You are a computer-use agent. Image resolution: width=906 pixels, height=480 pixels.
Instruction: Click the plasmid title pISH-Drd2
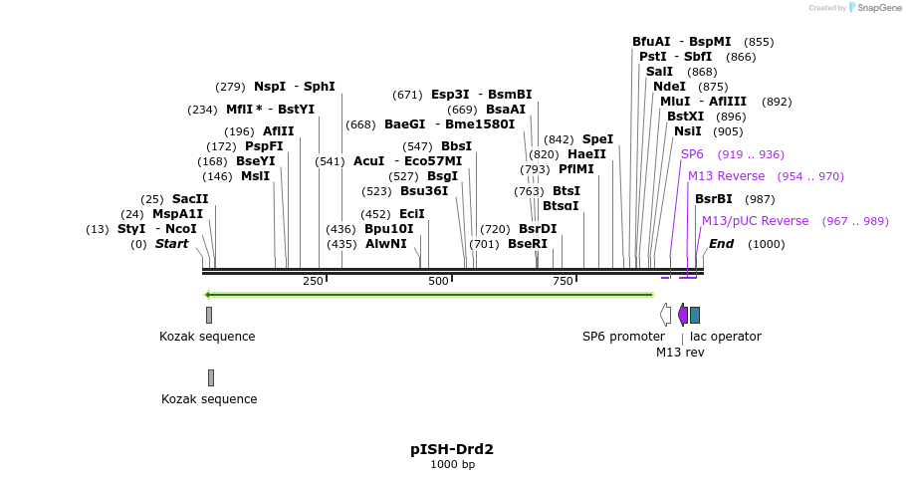[x=452, y=449]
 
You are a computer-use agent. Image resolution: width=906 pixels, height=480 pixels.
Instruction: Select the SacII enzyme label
[x=190, y=198]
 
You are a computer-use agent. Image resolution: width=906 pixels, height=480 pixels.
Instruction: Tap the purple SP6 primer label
[x=692, y=154]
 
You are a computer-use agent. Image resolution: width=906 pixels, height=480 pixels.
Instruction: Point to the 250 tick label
[x=313, y=281]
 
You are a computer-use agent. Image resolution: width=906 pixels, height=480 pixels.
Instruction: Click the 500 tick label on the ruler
[x=438, y=281]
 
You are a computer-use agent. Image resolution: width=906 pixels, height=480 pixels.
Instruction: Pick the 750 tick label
[x=564, y=281]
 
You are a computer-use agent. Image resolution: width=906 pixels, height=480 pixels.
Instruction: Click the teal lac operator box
[x=695, y=315]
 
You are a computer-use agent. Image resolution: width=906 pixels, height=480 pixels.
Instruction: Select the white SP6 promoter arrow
[x=665, y=315]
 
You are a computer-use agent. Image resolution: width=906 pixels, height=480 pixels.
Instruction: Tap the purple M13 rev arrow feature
[x=682, y=315]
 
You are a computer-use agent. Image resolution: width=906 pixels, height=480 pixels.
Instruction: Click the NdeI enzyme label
[x=669, y=87]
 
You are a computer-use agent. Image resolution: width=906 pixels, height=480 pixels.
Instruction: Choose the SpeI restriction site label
[x=597, y=139]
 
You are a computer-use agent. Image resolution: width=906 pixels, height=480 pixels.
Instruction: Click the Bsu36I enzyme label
[x=424, y=191]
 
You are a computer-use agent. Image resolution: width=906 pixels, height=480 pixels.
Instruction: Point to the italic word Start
[x=171, y=244]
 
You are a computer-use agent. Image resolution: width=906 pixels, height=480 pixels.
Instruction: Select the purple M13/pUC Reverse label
[x=755, y=221]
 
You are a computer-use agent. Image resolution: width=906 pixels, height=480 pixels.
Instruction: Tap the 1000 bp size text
[x=452, y=465]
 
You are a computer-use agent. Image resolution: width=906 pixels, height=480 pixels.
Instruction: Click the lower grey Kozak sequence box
[x=211, y=377]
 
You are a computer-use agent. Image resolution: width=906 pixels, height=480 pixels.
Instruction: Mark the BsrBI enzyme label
[x=713, y=199]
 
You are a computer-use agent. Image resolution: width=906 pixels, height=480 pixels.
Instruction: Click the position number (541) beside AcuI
[x=330, y=161]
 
